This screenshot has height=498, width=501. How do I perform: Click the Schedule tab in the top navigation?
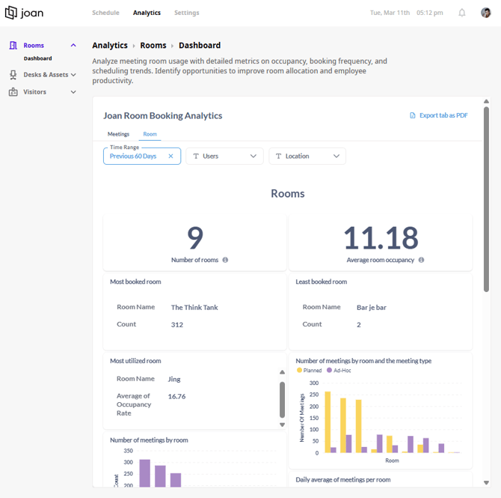(x=105, y=13)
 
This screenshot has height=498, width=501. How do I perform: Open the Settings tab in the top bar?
(x=187, y=13)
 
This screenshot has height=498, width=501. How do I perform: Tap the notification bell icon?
(x=461, y=13)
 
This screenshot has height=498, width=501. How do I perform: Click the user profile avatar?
(x=485, y=13)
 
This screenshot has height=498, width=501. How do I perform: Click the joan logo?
(x=24, y=13)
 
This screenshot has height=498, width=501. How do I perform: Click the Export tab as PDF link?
(x=439, y=115)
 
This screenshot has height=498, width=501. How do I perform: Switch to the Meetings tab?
(x=118, y=134)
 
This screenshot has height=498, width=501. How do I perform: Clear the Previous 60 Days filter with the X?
(x=170, y=157)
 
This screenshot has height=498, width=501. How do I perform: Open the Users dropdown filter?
(x=224, y=157)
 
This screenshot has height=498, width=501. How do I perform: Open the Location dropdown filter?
(x=307, y=157)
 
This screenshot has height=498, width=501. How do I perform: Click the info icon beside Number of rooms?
(x=225, y=260)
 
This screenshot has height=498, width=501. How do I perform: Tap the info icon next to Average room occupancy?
(x=421, y=260)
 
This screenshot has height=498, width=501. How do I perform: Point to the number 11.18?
(x=381, y=238)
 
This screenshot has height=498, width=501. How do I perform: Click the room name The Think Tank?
(x=194, y=308)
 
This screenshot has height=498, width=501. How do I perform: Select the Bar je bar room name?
(x=372, y=308)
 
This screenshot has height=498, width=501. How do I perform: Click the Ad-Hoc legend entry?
(x=339, y=370)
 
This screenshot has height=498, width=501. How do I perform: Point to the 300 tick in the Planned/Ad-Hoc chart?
(x=314, y=383)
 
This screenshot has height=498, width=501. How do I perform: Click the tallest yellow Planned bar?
(x=328, y=422)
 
